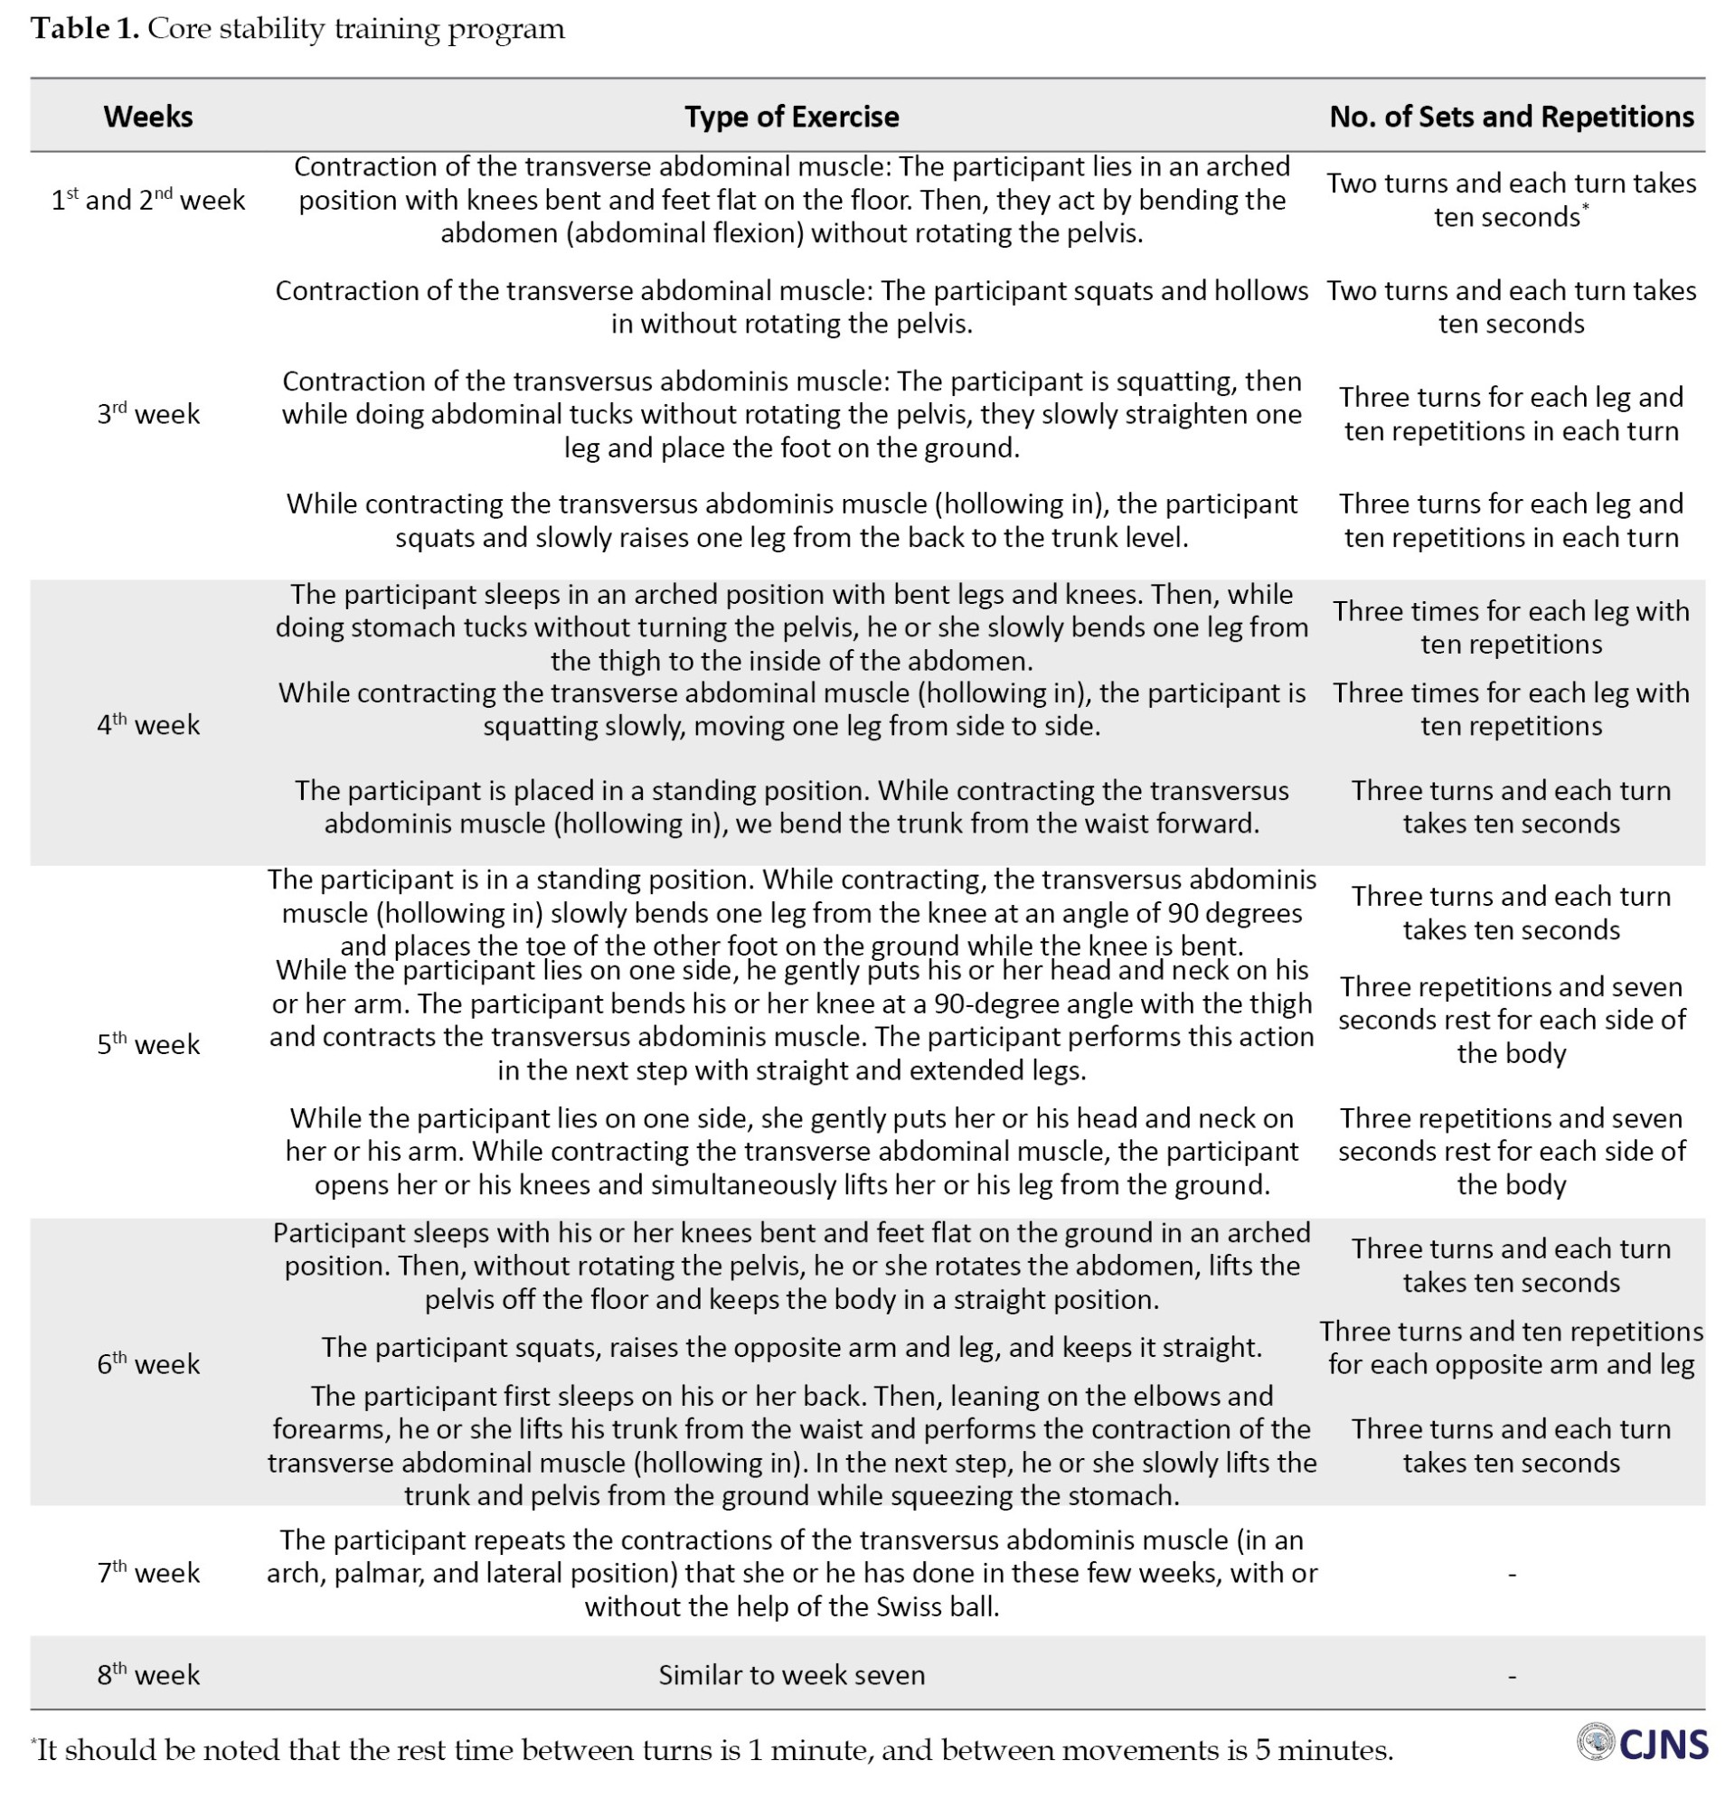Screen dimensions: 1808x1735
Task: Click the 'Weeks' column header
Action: [147, 117]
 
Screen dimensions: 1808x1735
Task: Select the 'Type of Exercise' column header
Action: [790, 117]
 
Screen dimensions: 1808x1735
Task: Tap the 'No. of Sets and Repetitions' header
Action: [1511, 117]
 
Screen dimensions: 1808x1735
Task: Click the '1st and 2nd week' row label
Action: [147, 200]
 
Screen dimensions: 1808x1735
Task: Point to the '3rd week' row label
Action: [147, 413]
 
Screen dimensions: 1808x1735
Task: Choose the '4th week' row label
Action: [147, 725]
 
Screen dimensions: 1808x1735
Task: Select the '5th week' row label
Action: [147, 1044]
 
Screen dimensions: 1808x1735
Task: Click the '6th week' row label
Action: [147, 1363]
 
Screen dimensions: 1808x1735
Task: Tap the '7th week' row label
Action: [147, 1572]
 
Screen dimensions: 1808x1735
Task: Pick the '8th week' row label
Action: [147, 1674]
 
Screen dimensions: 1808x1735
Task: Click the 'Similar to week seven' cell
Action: [790, 1674]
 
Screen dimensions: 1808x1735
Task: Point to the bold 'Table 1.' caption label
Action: [85, 29]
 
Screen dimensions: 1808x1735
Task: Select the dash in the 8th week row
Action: [1511, 1675]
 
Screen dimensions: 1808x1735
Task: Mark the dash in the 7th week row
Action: [1511, 1574]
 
